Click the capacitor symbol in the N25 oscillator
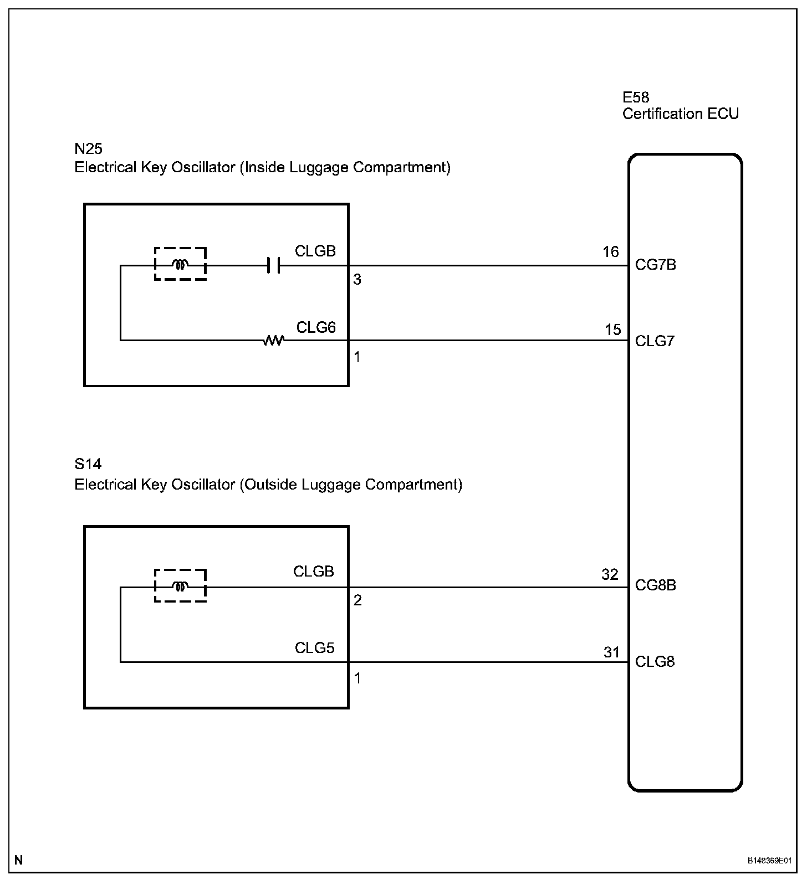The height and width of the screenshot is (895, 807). tap(273, 265)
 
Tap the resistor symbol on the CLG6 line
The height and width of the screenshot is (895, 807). tap(273, 340)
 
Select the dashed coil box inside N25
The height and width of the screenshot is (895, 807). tap(180, 264)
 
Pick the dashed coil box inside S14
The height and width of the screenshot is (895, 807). tap(180, 585)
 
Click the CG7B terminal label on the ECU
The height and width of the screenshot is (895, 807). tap(655, 265)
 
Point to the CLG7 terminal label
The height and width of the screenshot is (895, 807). tap(655, 341)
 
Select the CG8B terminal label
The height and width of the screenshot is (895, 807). tap(655, 585)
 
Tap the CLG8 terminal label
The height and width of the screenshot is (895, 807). tap(655, 662)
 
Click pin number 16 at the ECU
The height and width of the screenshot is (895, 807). tap(610, 252)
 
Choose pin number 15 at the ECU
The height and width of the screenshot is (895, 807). tap(612, 330)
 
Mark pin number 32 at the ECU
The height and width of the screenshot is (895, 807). tap(610, 574)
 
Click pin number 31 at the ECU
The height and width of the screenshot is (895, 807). tap(611, 652)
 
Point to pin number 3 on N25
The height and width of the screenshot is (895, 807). tap(357, 280)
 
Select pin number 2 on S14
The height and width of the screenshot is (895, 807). tap(357, 600)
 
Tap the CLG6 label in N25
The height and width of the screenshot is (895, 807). tap(316, 327)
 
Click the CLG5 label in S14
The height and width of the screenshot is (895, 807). tap(314, 648)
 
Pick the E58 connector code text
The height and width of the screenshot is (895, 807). tap(636, 97)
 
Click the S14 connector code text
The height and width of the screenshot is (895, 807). tap(88, 464)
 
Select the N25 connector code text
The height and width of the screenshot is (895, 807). tap(89, 148)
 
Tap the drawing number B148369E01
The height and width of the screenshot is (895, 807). tap(769, 876)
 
